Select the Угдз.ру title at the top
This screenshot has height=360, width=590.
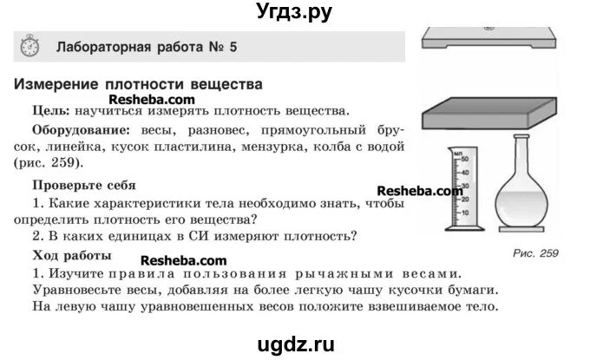(x=295, y=11)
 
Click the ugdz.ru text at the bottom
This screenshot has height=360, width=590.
(x=295, y=344)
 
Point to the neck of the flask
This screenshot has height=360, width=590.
(x=523, y=156)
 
